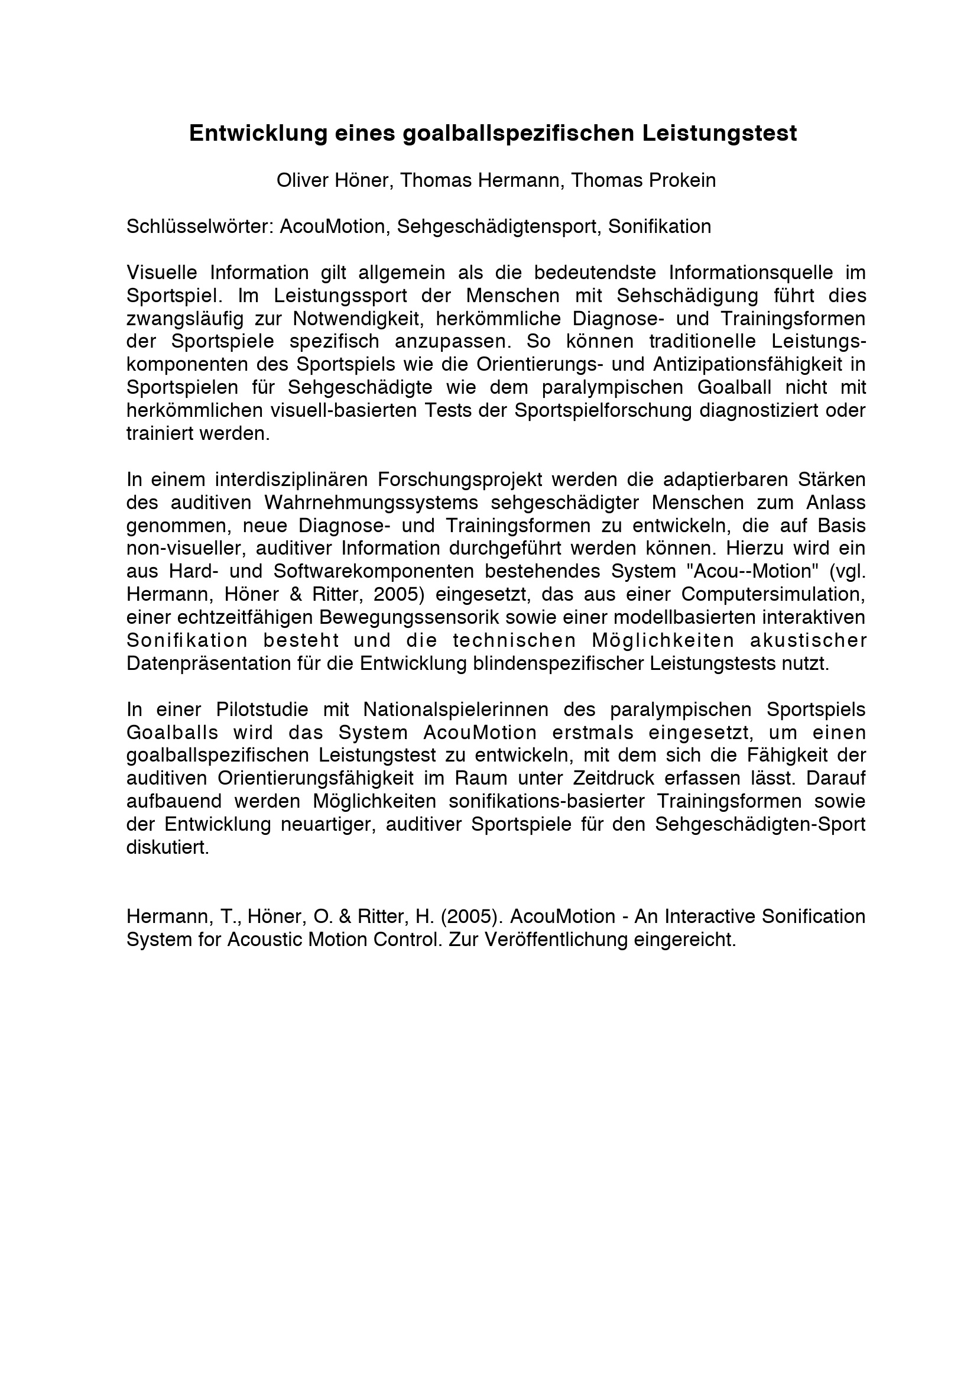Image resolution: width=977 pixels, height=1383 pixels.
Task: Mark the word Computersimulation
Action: click(x=773, y=594)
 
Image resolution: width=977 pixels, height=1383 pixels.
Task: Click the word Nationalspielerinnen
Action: click(x=456, y=710)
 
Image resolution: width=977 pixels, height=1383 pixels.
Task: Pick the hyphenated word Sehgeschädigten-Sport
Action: click(x=759, y=824)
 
